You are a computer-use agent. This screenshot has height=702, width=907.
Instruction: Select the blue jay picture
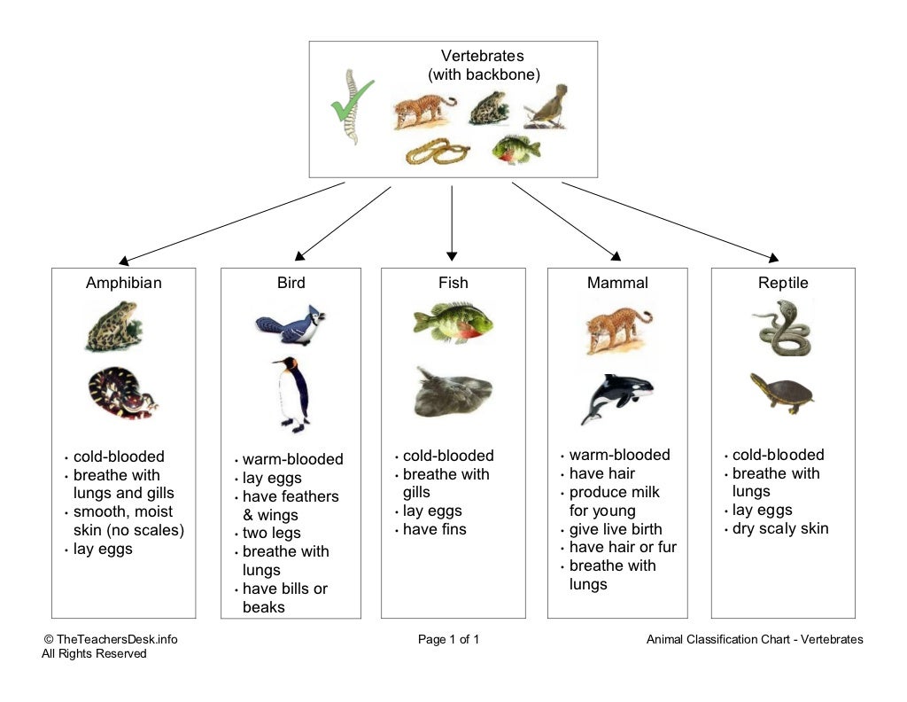pyautogui.click(x=290, y=324)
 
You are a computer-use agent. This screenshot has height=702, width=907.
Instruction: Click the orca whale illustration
pyautogui.click(x=616, y=395)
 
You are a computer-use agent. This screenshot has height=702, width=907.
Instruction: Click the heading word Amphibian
pyautogui.click(x=124, y=284)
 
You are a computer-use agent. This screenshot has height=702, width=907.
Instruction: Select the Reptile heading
pyautogui.click(x=783, y=284)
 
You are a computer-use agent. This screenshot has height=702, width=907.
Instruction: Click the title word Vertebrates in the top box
pyautogui.click(x=483, y=57)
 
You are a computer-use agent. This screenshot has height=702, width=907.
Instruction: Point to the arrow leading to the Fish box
pyautogui.click(x=452, y=222)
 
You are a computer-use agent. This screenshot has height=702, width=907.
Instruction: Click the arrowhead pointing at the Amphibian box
pyautogui.click(x=124, y=261)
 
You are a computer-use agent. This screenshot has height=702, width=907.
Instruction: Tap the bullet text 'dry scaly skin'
pyautogui.click(x=780, y=528)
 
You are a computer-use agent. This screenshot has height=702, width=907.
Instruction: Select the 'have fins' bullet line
pyautogui.click(x=434, y=529)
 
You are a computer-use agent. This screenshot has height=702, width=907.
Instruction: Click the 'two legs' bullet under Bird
pyautogui.click(x=272, y=533)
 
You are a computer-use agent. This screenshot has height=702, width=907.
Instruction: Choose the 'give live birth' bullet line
pyautogui.click(x=616, y=529)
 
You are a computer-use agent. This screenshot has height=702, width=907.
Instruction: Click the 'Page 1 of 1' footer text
pyautogui.click(x=448, y=639)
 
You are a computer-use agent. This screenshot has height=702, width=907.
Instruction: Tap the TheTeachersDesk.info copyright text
pyautogui.click(x=116, y=639)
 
